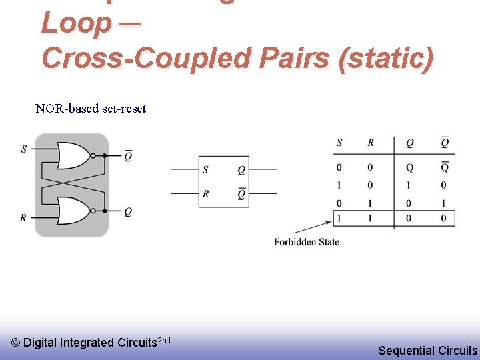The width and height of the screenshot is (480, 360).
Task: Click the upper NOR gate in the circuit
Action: pos(73,156)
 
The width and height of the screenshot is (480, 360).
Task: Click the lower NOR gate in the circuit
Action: pos(73,211)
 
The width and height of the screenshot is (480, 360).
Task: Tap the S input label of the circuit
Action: pos(24,149)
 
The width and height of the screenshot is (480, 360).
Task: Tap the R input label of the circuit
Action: pos(24,218)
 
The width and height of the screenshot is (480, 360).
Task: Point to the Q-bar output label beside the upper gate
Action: pos(128,156)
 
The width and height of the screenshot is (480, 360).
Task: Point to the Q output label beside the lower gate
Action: pos(128,211)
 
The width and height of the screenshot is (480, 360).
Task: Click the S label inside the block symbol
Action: pos(205,170)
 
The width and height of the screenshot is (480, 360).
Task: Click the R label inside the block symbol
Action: pos(205,194)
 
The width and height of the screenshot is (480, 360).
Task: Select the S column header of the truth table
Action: pos(339,143)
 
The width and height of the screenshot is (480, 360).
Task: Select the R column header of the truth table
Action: pos(371,143)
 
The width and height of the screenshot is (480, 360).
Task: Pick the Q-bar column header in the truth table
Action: pos(445,143)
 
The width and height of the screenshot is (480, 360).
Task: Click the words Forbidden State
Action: pos(307,242)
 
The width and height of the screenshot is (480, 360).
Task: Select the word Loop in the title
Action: pos(76,24)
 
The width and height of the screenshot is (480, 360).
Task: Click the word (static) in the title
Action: pos(386,58)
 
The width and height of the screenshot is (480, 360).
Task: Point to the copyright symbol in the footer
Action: pos(16,343)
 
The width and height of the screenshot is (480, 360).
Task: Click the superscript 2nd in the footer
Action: pos(164,341)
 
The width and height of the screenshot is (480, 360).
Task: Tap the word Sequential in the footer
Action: pos(407,350)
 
